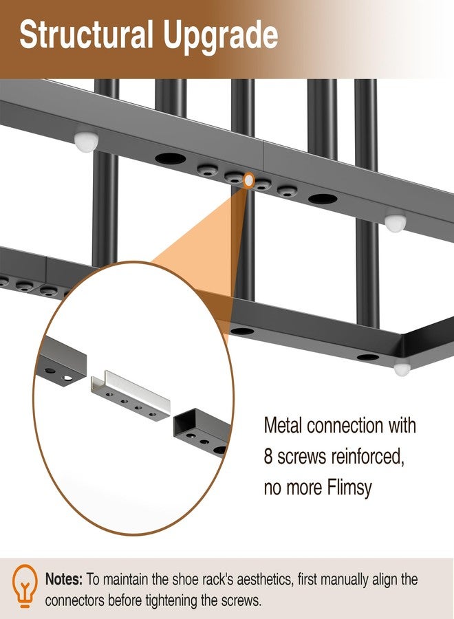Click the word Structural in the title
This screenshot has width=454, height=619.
click(x=86, y=35)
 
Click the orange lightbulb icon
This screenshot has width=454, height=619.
click(x=25, y=587)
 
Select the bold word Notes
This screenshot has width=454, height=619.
click(x=64, y=580)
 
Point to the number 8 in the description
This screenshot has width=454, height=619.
click(x=268, y=457)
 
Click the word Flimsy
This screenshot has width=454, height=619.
click(x=349, y=488)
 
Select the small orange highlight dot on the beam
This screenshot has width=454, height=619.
click(x=249, y=180)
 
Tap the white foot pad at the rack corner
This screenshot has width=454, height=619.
click(x=402, y=369)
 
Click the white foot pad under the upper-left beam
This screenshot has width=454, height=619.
click(x=86, y=142)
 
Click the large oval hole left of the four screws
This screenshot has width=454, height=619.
click(x=171, y=159)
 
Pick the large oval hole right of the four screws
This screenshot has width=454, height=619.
click(x=323, y=199)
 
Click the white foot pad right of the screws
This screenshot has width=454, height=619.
click(x=395, y=223)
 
